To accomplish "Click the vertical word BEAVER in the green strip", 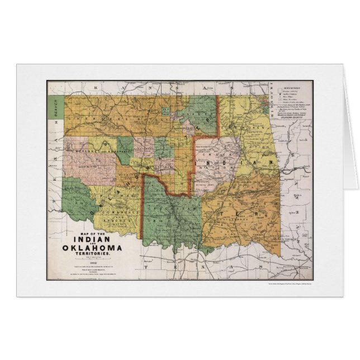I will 55,106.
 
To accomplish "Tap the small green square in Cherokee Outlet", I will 165,110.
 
